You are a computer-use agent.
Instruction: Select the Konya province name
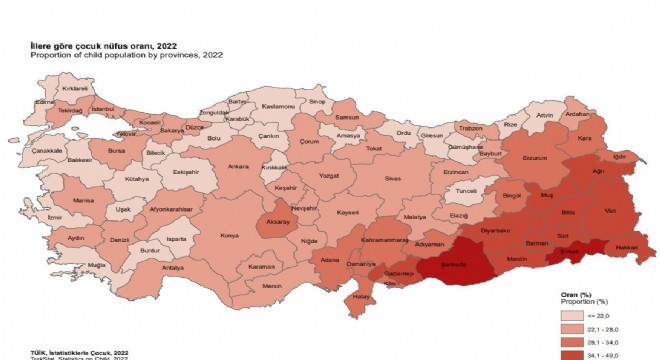click(x=228, y=236)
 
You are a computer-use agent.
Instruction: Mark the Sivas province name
click(x=391, y=181)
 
